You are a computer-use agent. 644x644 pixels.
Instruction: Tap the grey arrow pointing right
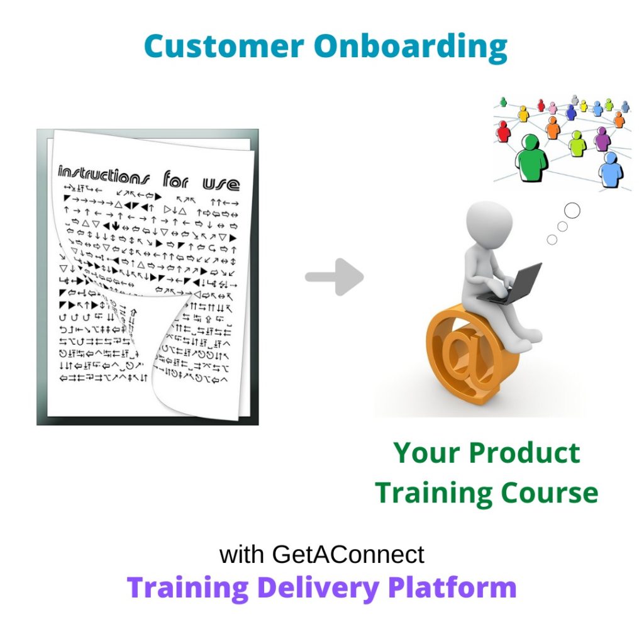[x=335, y=277]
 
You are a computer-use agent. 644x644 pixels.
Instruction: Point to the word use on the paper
[x=220, y=183]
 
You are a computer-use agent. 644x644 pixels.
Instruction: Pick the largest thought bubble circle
[x=572, y=211]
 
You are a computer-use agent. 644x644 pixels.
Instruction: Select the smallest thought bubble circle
[x=552, y=240]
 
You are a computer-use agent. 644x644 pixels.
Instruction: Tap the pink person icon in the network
[x=553, y=108]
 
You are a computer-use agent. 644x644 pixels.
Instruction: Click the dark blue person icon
[x=571, y=112]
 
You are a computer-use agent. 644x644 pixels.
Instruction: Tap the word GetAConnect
[x=348, y=555]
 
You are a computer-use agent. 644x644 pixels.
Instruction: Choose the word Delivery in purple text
[x=318, y=587]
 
